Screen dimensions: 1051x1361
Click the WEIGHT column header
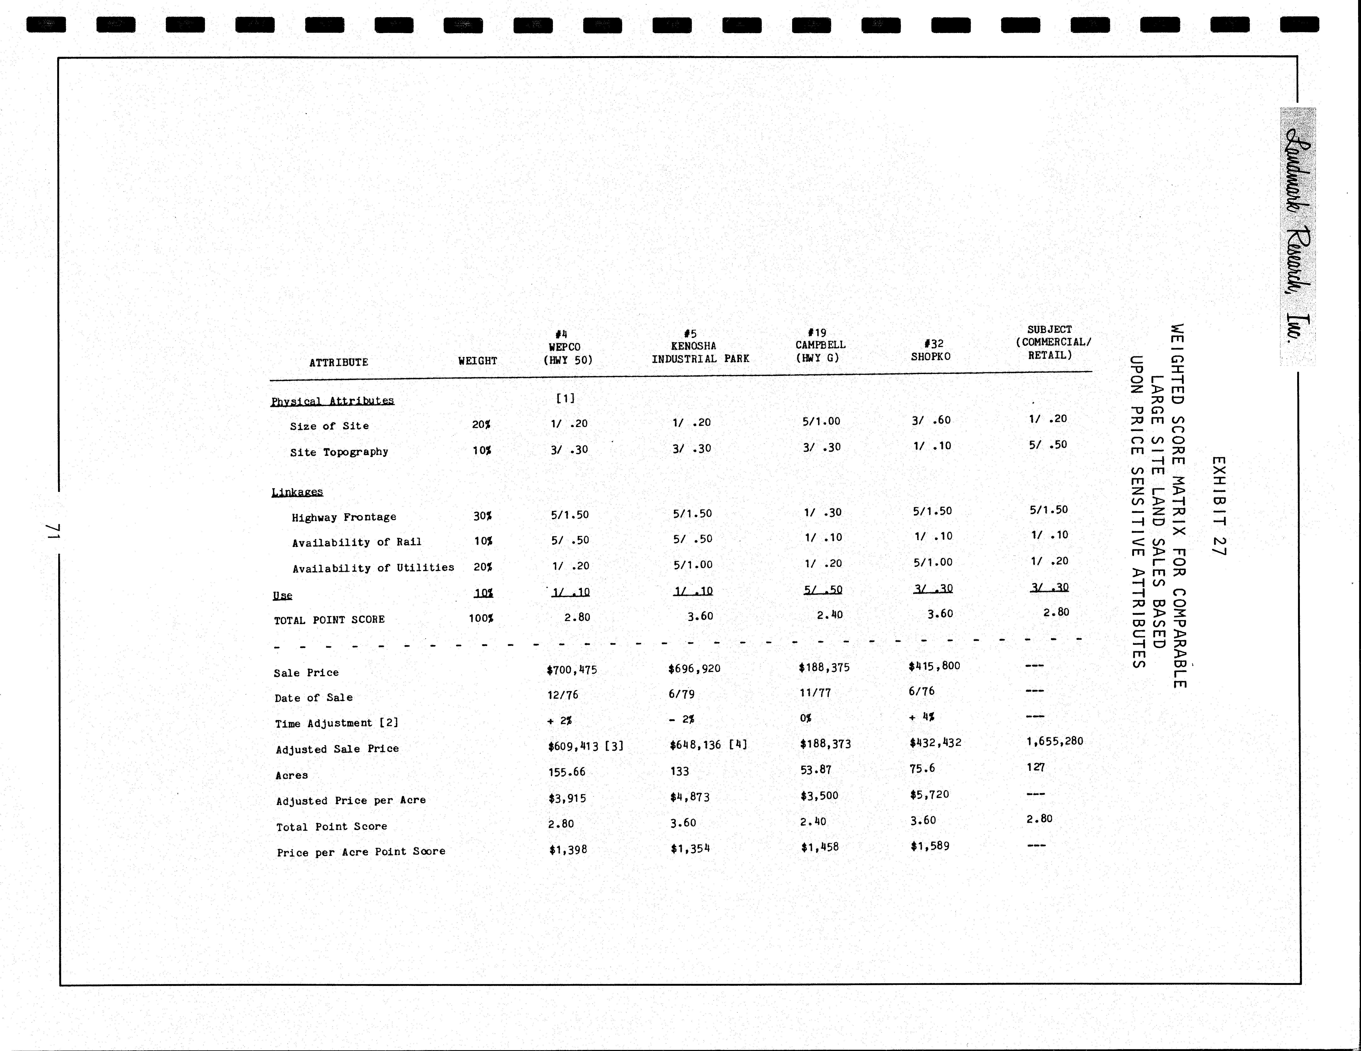(x=477, y=361)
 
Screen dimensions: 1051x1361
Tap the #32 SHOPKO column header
(x=931, y=350)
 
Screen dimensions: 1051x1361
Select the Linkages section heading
(x=297, y=492)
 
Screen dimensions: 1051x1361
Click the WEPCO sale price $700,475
(x=571, y=670)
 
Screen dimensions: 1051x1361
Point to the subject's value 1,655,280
(x=1054, y=741)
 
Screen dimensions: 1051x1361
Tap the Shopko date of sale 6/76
(x=922, y=691)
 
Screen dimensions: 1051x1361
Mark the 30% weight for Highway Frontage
(x=482, y=516)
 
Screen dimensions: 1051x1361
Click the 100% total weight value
(x=480, y=618)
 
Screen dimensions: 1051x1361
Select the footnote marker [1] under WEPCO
(x=565, y=398)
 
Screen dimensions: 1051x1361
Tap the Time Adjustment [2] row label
(x=337, y=723)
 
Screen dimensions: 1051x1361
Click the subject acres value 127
(x=1036, y=767)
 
